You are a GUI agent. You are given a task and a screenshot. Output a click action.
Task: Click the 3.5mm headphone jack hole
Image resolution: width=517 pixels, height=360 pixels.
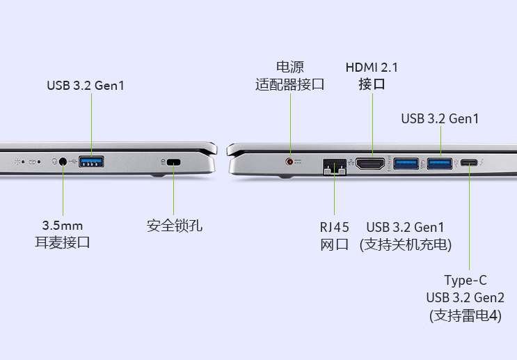click(63, 162)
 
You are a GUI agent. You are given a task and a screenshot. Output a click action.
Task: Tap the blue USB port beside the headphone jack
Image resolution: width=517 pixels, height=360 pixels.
click(91, 162)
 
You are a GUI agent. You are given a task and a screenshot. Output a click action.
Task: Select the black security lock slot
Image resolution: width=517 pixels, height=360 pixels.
click(173, 162)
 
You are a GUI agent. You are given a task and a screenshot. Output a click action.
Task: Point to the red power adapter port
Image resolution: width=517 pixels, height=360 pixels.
click(289, 162)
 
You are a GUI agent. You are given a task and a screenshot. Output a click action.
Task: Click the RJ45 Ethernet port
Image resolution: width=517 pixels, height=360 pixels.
click(335, 167)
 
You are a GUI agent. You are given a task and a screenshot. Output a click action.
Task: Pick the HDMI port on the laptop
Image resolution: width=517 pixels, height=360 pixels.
click(370, 164)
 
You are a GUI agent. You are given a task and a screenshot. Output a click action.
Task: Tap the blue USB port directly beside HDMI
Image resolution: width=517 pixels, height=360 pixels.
click(406, 164)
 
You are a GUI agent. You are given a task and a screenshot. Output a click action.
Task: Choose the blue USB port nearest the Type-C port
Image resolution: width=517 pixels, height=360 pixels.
click(440, 164)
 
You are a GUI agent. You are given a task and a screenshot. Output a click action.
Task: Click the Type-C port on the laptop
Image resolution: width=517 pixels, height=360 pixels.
click(469, 163)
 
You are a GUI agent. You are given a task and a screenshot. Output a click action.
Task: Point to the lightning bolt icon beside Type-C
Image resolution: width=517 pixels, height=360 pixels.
click(482, 162)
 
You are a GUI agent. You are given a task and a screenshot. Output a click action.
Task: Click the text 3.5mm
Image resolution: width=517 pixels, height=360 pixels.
click(63, 226)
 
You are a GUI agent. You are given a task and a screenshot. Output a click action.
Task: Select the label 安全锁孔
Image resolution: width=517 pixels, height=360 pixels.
click(175, 226)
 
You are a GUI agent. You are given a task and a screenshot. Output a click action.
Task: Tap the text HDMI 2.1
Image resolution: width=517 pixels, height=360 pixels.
click(372, 68)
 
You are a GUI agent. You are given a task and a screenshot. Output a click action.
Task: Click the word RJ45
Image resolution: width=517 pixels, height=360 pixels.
click(334, 228)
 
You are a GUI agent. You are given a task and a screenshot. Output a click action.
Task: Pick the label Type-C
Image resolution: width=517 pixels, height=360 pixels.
click(466, 281)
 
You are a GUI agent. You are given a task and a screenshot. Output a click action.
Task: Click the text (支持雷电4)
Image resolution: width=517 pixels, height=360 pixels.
click(466, 315)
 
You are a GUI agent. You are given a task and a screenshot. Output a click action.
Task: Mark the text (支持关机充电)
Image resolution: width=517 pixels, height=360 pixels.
click(406, 245)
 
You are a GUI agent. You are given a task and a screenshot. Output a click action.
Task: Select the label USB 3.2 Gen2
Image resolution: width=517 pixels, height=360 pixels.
click(466, 297)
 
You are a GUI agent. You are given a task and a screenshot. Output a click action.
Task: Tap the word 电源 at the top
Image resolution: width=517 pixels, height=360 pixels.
click(290, 67)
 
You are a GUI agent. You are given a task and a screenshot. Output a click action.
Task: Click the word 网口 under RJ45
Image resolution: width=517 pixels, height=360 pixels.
click(334, 245)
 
